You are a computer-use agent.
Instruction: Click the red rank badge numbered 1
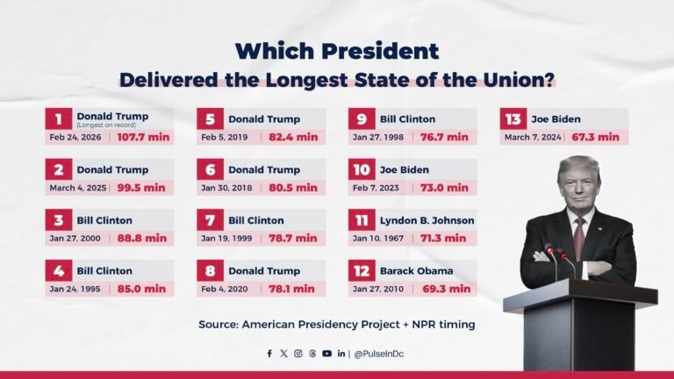coord(59,118)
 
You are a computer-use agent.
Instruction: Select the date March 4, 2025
coord(76,188)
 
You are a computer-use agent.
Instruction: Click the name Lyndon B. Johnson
coord(427,220)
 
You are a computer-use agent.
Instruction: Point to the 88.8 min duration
coord(142,238)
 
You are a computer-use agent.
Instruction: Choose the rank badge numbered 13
coord(513,118)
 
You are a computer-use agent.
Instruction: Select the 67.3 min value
coord(596,137)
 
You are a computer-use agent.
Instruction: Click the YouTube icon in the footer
coord(326,354)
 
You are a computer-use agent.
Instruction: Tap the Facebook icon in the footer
coord(269,354)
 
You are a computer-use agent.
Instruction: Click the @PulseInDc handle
coord(379,354)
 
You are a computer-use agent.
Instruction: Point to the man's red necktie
coord(578,238)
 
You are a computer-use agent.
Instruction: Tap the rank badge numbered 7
coord(211,220)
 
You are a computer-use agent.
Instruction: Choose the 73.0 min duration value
coord(445,188)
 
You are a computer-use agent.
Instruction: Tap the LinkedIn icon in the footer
coord(341,354)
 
